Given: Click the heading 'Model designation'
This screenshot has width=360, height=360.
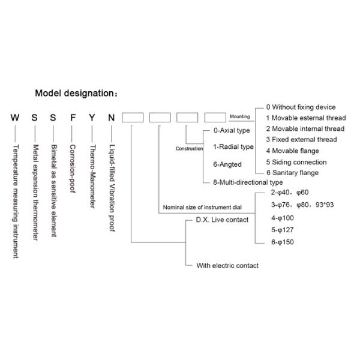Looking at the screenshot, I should point(76,93).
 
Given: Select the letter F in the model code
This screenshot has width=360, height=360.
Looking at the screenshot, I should point(73,118).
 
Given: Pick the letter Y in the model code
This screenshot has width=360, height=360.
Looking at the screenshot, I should point(92,118).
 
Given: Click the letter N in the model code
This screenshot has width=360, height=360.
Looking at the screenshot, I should point(111,118).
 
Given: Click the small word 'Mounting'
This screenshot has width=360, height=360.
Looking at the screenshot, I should point(240,117).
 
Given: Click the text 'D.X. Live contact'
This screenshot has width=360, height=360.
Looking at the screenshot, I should point(222,220).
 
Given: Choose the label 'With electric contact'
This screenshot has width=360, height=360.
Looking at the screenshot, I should point(227,265).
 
